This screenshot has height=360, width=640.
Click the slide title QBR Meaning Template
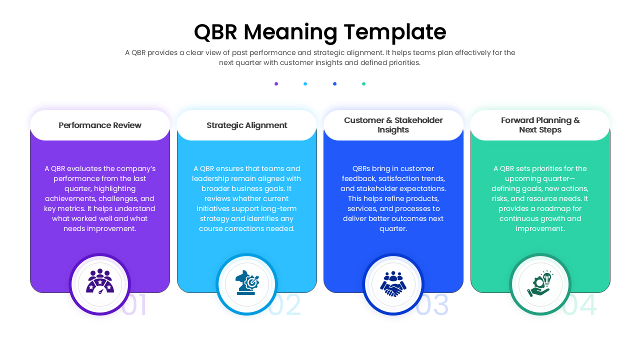[x=320, y=32]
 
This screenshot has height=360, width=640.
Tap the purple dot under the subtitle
[x=276, y=84]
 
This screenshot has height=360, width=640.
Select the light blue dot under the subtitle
[x=305, y=84]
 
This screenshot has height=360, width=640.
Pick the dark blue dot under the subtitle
[x=334, y=84]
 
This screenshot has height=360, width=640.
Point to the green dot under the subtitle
[x=363, y=84]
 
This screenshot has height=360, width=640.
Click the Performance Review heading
[x=100, y=125]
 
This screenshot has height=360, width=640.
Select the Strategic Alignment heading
[x=246, y=125]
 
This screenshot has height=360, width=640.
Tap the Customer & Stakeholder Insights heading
[x=393, y=125]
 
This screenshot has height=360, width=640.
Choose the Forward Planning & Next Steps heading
[x=540, y=125]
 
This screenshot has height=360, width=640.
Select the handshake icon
[x=393, y=284]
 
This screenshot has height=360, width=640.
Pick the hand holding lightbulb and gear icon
[x=540, y=284]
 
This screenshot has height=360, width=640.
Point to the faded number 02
[x=285, y=305]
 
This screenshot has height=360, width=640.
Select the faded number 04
[x=580, y=305]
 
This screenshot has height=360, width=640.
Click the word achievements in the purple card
[x=71, y=198]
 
